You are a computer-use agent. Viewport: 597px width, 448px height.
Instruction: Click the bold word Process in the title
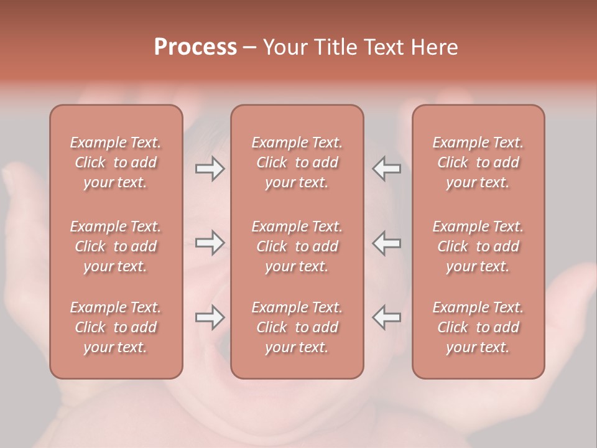tap(195, 47)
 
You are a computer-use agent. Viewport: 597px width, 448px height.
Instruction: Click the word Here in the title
tap(433, 47)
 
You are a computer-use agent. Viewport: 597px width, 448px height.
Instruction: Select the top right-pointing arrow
tap(210, 168)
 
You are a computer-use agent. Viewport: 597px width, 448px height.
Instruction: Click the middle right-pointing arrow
tap(210, 243)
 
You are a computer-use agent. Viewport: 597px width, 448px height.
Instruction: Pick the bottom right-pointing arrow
tap(210, 317)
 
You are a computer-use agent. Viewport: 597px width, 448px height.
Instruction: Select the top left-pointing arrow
tap(386, 168)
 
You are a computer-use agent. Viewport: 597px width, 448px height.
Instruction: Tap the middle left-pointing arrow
tap(386, 243)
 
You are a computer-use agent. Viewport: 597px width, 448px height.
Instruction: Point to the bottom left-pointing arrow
tap(386, 317)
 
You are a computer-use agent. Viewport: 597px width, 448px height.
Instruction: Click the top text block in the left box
tap(116, 162)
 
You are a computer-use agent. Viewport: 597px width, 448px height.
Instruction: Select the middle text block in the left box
tap(116, 246)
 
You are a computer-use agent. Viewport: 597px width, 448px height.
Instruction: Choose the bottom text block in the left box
tap(116, 327)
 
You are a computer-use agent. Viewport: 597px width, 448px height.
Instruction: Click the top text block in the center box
tap(297, 162)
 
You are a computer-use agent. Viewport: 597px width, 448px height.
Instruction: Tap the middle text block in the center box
tap(297, 246)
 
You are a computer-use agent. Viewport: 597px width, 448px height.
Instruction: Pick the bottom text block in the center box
tap(297, 327)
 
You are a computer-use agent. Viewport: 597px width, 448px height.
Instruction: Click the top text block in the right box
tap(478, 162)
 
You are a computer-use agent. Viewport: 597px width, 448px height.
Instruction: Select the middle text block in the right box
tap(478, 246)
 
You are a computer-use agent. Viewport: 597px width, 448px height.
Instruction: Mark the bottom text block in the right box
tap(478, 327)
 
